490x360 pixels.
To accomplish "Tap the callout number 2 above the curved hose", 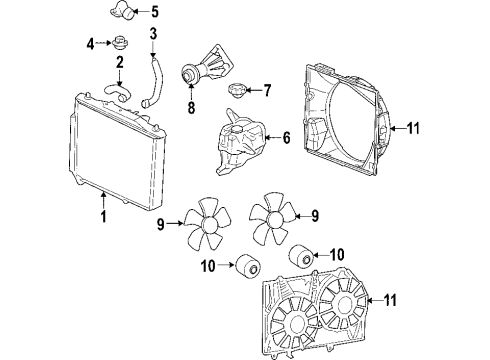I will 119,65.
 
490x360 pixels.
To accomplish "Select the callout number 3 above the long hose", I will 153,36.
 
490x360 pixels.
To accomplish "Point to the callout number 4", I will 89,44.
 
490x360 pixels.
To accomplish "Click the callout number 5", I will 154,12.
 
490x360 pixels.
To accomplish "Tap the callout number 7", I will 267,90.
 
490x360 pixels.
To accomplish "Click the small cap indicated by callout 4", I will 120,44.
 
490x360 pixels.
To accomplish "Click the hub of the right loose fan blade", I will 271,217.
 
